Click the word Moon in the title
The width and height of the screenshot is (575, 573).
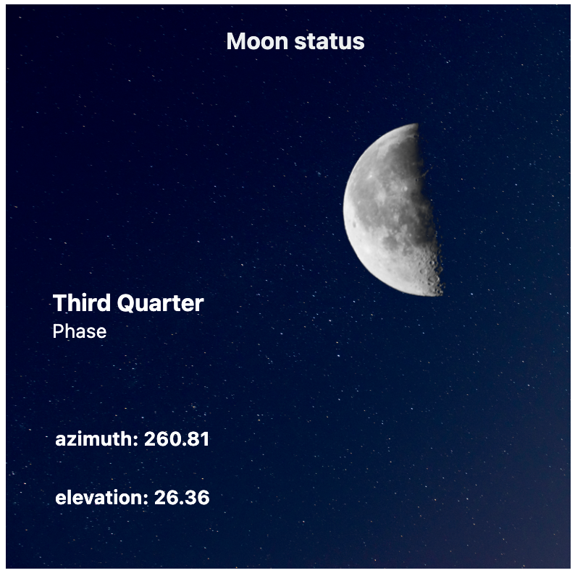[257, 41]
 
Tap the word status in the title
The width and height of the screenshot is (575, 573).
[330, 41]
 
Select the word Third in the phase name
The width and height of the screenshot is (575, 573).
[81, 303]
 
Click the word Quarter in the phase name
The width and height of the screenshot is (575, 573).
[160, 304]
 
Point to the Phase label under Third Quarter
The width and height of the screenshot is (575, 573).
[80, 331]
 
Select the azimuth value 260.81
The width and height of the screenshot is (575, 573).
[177, 439]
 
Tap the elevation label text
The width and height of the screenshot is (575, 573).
[101, 498]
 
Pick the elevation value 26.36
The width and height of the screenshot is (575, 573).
[182, 498]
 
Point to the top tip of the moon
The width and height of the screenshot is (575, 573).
[417, 124]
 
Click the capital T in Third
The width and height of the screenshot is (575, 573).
[60, 303]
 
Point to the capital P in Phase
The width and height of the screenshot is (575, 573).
[59, 331]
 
